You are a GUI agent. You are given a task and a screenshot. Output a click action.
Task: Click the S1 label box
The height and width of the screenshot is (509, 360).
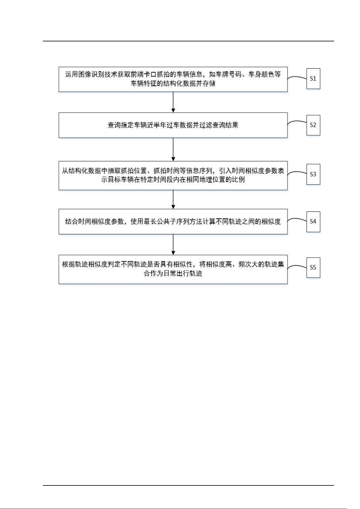click(313, 79)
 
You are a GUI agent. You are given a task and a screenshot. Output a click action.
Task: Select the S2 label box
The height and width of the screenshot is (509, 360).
click(313, 125)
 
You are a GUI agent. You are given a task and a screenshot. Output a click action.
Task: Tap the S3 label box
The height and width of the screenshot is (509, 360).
click(313, 174)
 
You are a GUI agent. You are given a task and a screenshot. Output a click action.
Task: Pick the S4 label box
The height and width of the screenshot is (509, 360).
click(313, 221)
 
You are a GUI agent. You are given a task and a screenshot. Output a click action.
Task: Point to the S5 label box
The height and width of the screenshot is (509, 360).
click(313, 268)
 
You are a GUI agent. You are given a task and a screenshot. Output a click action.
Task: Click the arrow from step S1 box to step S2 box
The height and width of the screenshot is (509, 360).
click(173, 102)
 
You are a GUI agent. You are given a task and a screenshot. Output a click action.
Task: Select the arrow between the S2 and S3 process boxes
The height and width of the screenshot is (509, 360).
click(173, 150)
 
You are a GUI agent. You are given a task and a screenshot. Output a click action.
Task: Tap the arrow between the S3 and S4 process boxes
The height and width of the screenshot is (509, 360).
click(173, 199)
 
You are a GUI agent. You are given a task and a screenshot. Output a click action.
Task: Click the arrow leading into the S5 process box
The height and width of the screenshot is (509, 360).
click(173, 244)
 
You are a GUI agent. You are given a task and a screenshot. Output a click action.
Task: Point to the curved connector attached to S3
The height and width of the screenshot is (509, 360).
click(297, 172)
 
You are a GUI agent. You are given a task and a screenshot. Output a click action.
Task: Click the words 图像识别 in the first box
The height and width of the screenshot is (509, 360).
click(91, 75)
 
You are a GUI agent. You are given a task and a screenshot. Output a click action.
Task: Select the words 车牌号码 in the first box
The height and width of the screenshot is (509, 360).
click(229, 75)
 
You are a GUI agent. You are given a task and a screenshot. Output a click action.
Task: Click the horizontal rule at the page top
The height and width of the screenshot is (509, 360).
click(188, 41)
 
